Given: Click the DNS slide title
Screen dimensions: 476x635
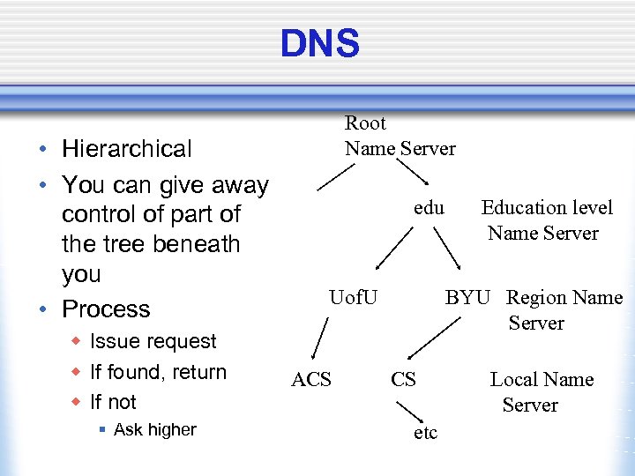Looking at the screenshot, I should pos(319,42).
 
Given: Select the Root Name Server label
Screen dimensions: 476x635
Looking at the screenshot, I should pos(400,136).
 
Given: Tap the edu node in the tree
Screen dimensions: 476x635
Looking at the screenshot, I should pos(429,208).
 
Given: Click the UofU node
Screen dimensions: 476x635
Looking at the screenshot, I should pos(353,298).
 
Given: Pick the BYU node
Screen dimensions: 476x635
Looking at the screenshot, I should pos(467,298).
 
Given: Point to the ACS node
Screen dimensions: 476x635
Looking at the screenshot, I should pos(311,379).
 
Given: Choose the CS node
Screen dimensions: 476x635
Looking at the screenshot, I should pos(403,379).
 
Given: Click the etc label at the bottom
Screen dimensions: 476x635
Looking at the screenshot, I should pos(425,433).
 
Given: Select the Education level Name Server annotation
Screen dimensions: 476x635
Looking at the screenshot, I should pos(545,220).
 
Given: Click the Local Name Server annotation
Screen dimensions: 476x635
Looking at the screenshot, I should pos(541,392).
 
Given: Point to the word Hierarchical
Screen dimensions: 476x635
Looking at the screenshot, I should pos(126,149).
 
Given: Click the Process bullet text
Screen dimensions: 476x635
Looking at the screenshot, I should pos(106,309).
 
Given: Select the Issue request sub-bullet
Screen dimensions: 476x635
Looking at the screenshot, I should pos(153,341).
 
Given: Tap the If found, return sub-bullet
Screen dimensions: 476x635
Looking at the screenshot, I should pos(158,372).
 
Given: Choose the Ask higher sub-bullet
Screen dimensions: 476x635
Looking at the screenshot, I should pos(154,429).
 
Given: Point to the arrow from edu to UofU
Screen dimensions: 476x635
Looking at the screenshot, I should pos(393,248).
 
